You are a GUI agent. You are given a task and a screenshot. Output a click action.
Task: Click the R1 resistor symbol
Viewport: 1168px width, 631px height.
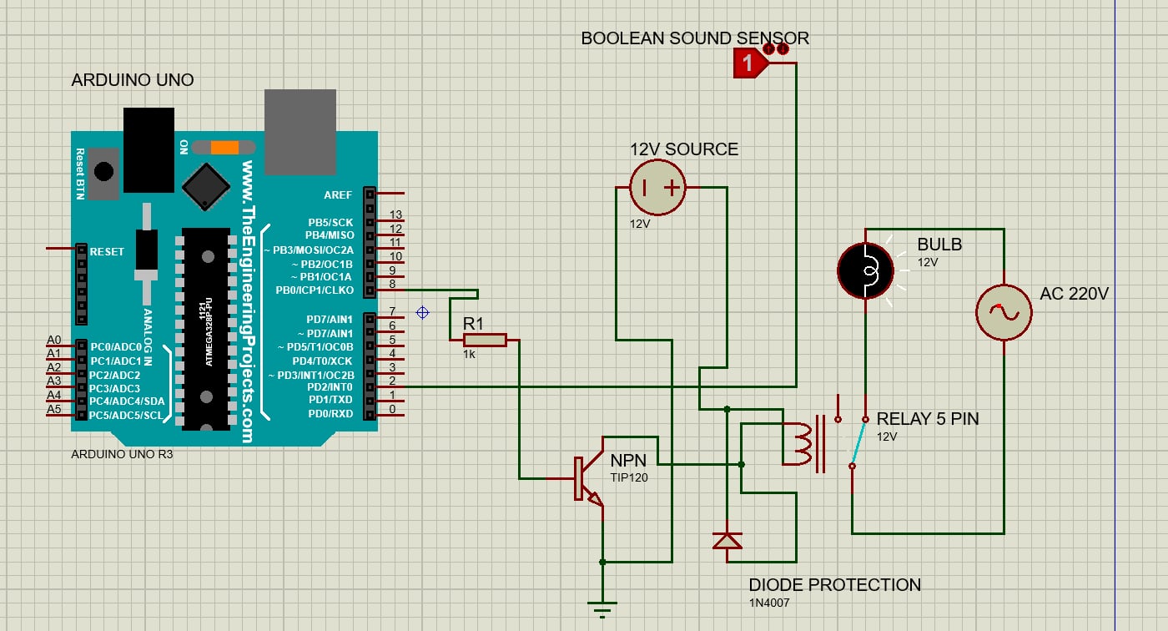(x=485, y=340)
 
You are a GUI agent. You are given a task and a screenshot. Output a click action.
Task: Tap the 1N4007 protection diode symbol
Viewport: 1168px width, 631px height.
(x=727, y=541)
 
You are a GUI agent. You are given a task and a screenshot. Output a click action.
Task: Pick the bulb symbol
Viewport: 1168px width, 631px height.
(x=865, y=270)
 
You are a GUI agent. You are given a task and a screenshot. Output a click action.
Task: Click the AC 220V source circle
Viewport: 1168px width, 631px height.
(x=1004, y=312)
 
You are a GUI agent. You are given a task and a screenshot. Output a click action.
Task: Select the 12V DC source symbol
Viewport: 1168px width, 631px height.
(x=657, y=188)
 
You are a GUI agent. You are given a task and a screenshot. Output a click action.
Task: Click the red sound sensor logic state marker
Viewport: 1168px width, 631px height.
(x=749, y=63)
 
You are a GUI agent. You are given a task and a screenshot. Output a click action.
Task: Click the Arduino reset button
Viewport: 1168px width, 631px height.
(x=104, y=172)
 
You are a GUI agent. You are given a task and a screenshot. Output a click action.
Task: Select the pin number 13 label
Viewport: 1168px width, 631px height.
(x=395, y=215)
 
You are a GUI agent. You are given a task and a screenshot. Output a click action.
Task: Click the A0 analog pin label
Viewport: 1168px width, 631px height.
(x=54, y=340)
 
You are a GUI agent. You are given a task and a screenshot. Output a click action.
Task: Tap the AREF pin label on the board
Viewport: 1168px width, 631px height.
(x=338, y=194)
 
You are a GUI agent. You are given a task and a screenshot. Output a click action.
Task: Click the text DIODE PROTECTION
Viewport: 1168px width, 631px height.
(x=834, y=584)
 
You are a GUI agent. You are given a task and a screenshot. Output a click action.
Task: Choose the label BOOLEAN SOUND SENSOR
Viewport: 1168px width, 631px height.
(x=694, y=38)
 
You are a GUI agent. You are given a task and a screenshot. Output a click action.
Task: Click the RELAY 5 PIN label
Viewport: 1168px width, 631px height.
(x=928, y=419)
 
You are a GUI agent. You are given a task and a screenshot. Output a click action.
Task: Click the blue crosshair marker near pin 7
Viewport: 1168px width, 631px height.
(x=422, y=312)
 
